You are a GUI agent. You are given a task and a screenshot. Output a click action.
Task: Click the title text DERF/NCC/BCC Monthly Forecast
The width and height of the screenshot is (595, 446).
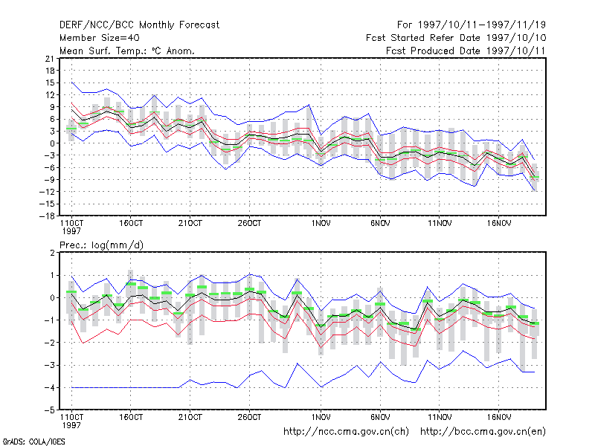(x=139, y=25)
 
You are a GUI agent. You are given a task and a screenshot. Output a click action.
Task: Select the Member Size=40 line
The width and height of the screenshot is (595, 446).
(x=100, y=38)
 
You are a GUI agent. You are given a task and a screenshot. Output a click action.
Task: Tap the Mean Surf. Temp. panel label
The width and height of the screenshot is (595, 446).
(x=127, y=51)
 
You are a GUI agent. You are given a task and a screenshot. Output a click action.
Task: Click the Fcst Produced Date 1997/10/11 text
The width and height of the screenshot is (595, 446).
(x=466, y=51)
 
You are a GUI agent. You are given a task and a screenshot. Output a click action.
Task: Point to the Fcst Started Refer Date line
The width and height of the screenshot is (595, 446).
(x=456, y=38)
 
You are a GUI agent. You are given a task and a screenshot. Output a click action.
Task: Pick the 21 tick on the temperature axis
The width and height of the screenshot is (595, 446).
(x=50, y=59)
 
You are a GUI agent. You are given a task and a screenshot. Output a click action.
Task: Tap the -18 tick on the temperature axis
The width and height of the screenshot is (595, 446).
(x=47, y=216)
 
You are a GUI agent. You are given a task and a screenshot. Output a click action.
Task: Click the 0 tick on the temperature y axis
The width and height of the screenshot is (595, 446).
(x=52, y=143)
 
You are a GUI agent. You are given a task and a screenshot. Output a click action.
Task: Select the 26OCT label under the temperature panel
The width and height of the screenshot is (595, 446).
(x=249, y=223)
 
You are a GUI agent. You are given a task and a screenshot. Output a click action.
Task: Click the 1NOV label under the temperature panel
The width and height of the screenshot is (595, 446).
(x=321, y=223)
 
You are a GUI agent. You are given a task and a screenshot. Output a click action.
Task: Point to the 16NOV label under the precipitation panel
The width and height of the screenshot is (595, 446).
(x=498, y=417)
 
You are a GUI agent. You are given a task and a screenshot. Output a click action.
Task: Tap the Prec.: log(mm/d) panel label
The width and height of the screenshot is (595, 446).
(x=101, y=245)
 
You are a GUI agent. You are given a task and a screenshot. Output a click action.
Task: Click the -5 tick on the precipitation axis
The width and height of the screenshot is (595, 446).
(x=50, y=410)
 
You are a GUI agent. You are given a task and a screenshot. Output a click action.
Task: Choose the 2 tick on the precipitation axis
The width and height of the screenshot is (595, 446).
(x=52, y=253)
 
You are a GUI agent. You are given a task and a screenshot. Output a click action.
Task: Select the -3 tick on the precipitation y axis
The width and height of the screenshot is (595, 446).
(x=50, y=365)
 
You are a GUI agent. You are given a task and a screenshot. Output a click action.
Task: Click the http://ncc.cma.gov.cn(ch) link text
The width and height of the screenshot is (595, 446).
(x=346, y=432)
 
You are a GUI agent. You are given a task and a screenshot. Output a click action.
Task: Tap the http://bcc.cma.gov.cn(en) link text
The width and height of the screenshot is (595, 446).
(x=483, y=432)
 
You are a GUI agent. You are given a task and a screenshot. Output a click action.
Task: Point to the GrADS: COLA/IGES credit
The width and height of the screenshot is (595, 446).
(x=33, y=442)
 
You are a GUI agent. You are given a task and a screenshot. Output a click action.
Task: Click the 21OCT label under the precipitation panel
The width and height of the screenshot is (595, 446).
(x=190, y=417)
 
